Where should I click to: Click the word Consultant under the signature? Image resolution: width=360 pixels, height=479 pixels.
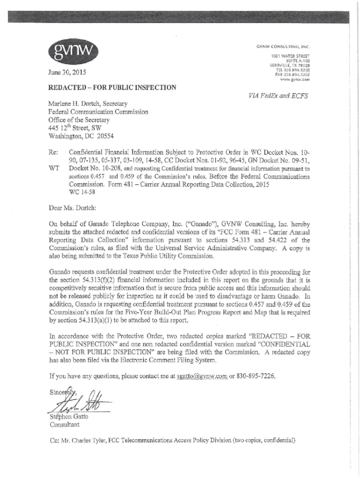point(65,425)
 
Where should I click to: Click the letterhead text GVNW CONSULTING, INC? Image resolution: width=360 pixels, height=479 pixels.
point(283,47)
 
